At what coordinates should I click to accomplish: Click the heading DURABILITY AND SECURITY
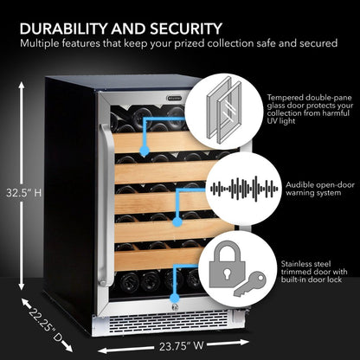click(120, 28)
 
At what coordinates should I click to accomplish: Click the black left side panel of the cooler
click(69, 190)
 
